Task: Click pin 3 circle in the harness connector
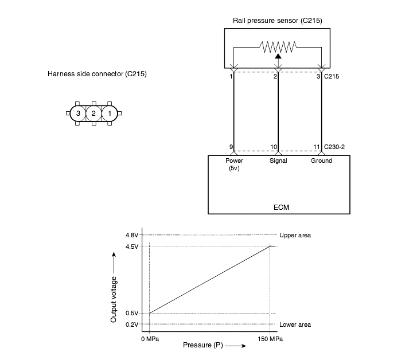click(78, 114)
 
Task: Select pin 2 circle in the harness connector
click(93, 114)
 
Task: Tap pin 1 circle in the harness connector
click(110, 114)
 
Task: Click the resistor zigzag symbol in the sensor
click(278, 47)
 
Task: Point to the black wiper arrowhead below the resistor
click(278, 56)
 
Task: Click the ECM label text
click(281, 208)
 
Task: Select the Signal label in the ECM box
click(278, 161)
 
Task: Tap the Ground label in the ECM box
click(321, 161)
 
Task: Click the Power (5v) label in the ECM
click(234, 164)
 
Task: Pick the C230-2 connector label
click(334, 147)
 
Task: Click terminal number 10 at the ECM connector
click(274, 147)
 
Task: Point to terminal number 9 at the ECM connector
click(231, 147)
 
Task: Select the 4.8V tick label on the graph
click(132, 235)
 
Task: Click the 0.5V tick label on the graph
click(132, 313)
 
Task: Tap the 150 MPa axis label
click(270, 339)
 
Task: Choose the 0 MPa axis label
click(150, 339)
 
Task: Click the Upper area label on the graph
click(295, 235)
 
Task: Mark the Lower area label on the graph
click(295, 324)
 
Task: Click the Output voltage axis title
click(114, 299)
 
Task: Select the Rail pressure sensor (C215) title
click(278, 21)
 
